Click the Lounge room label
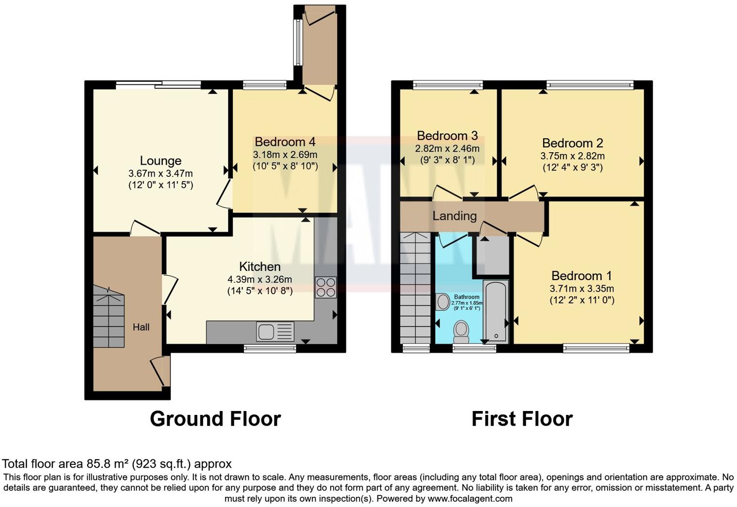point(160,161)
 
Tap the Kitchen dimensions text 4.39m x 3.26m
point(259,280)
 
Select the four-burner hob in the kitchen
point(325,287)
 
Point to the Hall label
point(141,328)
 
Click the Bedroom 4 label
point(285,142)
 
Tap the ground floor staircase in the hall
point(109,317)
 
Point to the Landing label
point(454,216)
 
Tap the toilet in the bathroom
point(461,331)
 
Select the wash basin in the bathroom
point(443,302)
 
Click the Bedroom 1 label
point(581,276)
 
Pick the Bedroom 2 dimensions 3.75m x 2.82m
point(572,157)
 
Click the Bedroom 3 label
point(447,136)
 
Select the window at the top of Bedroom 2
point(590,85)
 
